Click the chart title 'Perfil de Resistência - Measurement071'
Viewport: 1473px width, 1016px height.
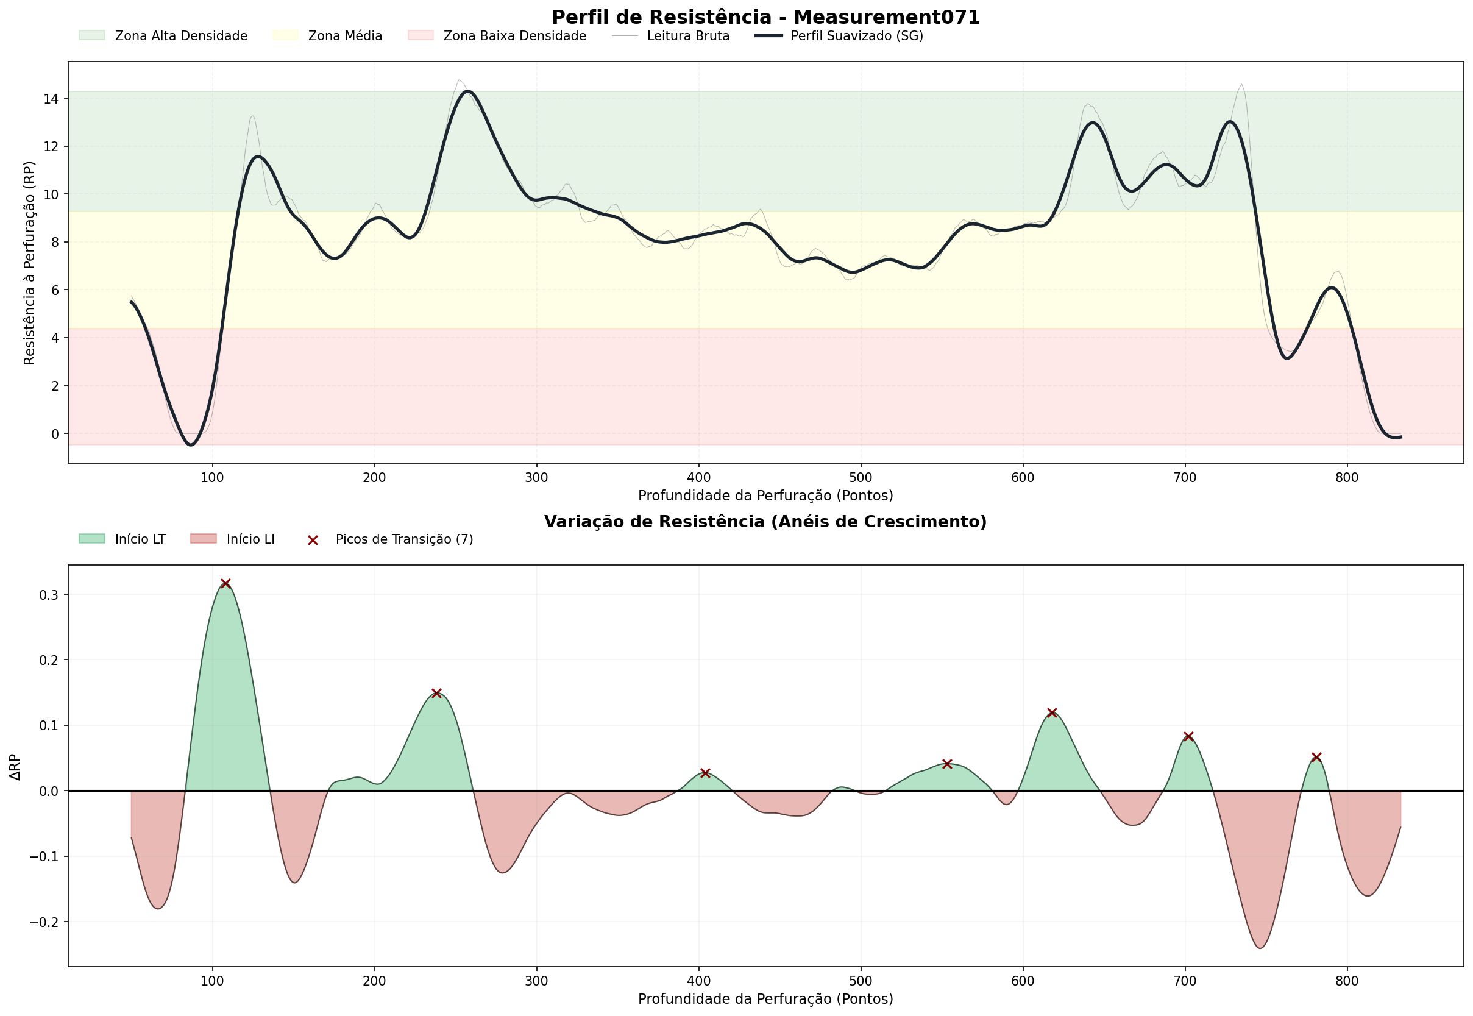click(x=765, y=17)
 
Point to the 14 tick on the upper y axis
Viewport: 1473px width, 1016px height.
click(x=52, y=99)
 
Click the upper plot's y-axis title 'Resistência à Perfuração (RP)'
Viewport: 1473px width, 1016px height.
click(x=29, y=263)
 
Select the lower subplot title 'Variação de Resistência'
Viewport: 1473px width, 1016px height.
click(x=765, y=522)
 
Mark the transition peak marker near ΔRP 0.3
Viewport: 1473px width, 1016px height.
click(x=225, y=584)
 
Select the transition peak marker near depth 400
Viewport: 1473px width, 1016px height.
click(x=705, y=773)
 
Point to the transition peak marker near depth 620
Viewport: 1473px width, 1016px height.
click(x=1052, y=712)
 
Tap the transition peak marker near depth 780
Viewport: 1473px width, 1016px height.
click(x=1316, y=757)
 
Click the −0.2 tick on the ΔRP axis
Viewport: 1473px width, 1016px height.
click(x=44, y=922)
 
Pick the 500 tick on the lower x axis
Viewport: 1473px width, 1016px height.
click(x=861, y=981)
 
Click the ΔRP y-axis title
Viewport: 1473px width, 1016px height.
click(x=15, y=767)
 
